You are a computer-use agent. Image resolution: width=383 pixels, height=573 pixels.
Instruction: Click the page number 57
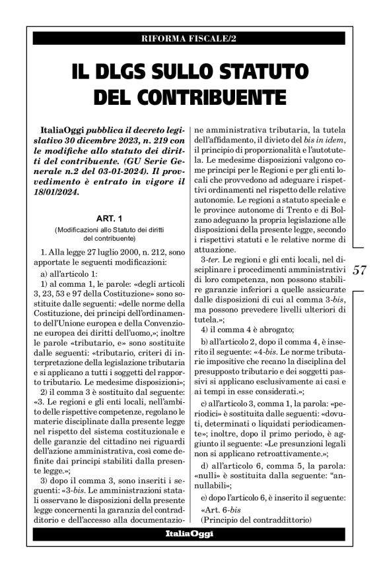coord(360,270)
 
